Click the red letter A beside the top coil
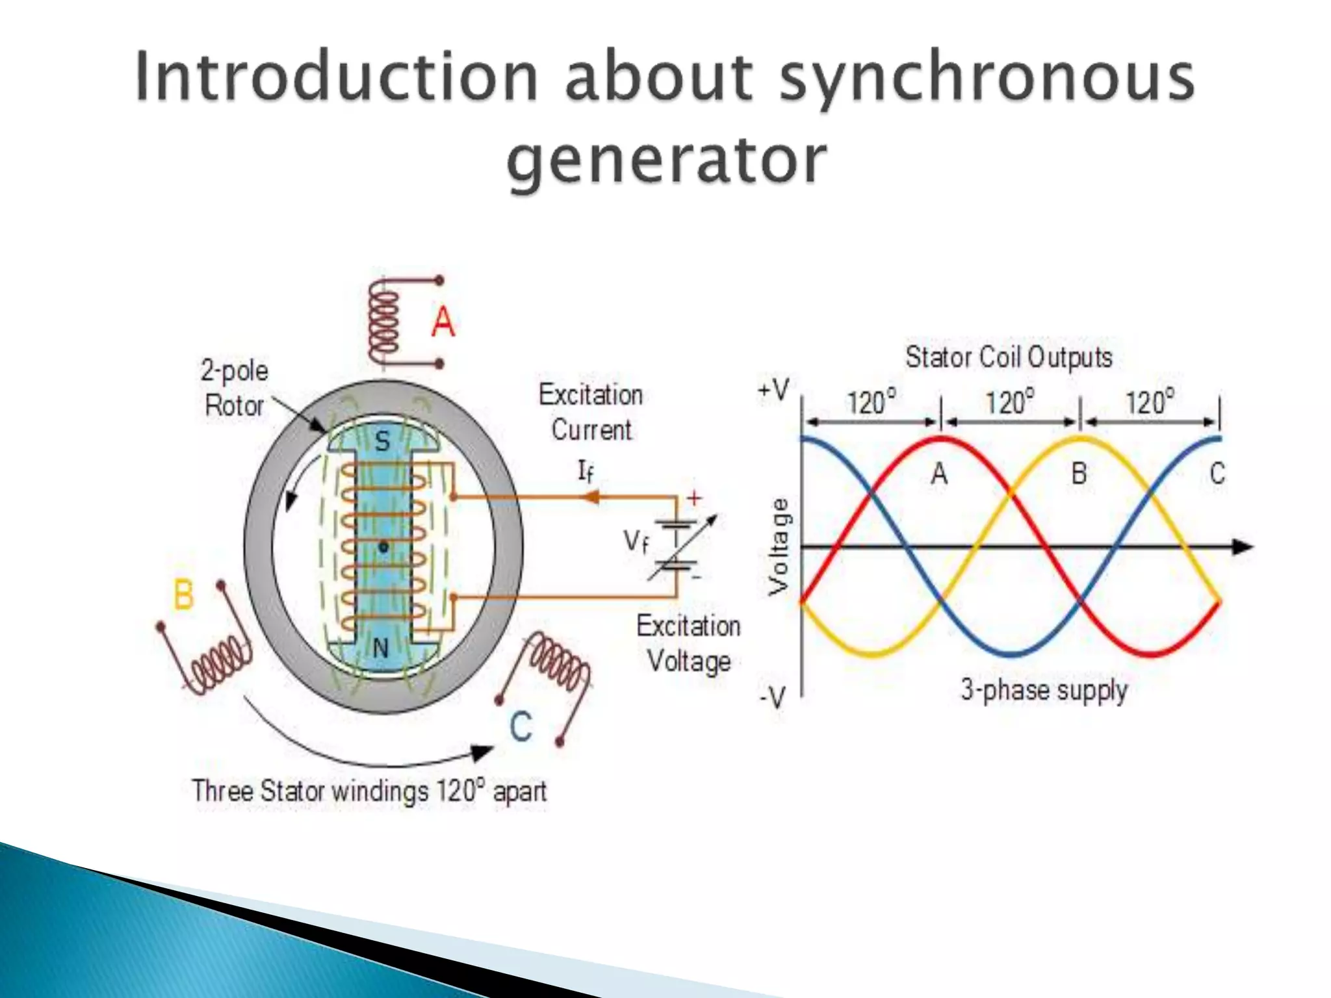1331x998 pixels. coord(443,322)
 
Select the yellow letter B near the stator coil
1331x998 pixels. coord(184,594)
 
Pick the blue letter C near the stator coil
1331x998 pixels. coord(521,726)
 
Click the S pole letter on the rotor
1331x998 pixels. coord(382,442)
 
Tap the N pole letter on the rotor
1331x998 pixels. coord(381,647)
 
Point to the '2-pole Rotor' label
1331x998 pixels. coord(234,388)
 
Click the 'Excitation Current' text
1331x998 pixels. coord(591,412)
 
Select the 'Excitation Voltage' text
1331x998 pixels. coord(688,643)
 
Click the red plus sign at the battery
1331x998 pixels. coord(695,498)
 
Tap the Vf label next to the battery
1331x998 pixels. coord(636,541)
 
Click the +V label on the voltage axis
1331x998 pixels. coord(773,390)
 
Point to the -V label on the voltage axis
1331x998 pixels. coord(773,698)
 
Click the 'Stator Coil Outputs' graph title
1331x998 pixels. coord(1009,357)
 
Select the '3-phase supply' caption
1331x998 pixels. coord(1044,690)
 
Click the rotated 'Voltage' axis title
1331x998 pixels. coord(779,547)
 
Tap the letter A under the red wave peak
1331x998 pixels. coord(939,474)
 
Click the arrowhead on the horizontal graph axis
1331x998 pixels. coord(1242,547)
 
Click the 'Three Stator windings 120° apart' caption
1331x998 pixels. coord(368,791)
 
